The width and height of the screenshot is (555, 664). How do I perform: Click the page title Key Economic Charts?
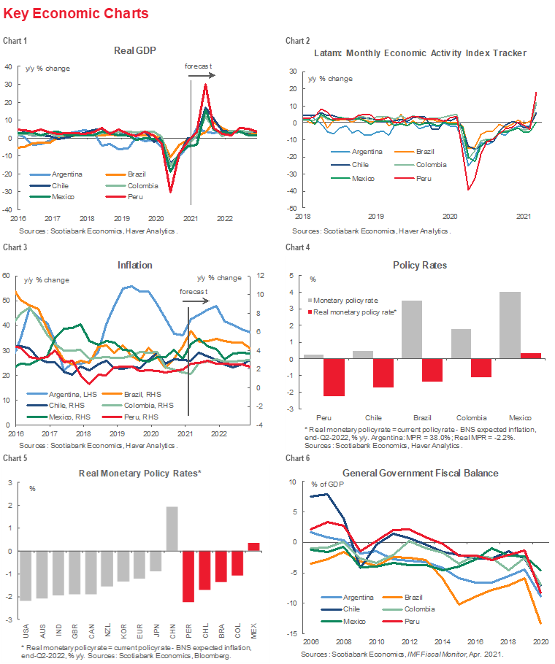(x=76, y=14)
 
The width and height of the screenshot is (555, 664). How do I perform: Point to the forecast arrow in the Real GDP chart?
(x=202, y=75)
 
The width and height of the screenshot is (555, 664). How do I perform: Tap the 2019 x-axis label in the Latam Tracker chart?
(x=375, y=216)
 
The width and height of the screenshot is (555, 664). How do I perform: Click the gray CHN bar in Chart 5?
(x=172, y=529)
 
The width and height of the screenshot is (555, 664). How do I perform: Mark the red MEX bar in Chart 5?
(x=253, y=547)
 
